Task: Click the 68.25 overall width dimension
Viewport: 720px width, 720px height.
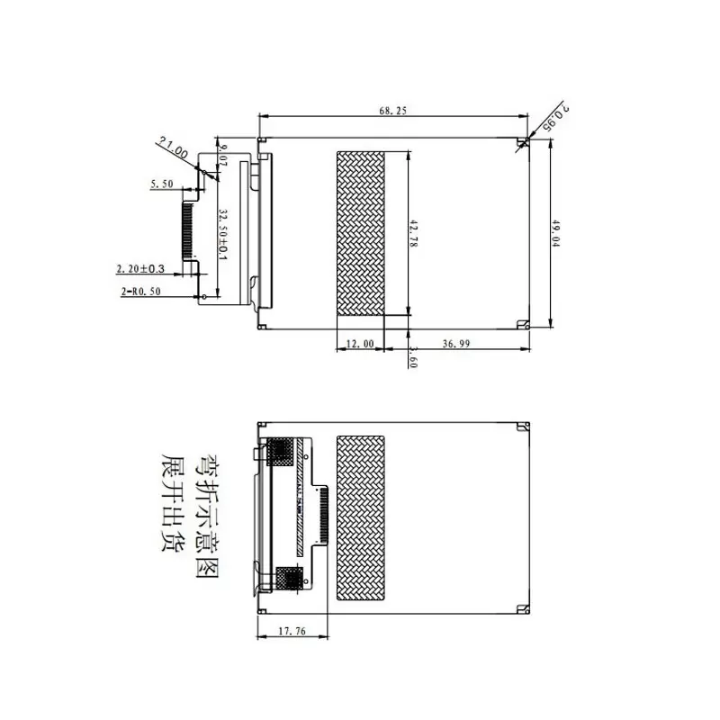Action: [x=393, y=112]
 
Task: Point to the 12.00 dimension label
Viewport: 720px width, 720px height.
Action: [x=359, y=345]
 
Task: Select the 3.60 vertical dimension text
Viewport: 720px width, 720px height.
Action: [x=412, y=358]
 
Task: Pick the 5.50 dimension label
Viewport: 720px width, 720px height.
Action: [x=163, y=184]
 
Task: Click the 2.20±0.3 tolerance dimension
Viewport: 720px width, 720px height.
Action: [x=140, y=268]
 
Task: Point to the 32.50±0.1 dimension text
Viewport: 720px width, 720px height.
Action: [x=223, y=236]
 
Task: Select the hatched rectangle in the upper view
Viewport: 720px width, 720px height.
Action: [x=360, y=232]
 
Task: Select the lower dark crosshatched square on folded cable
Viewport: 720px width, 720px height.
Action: [x=289, y=578]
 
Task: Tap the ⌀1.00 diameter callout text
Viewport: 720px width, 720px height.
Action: [x=173, y=149]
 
